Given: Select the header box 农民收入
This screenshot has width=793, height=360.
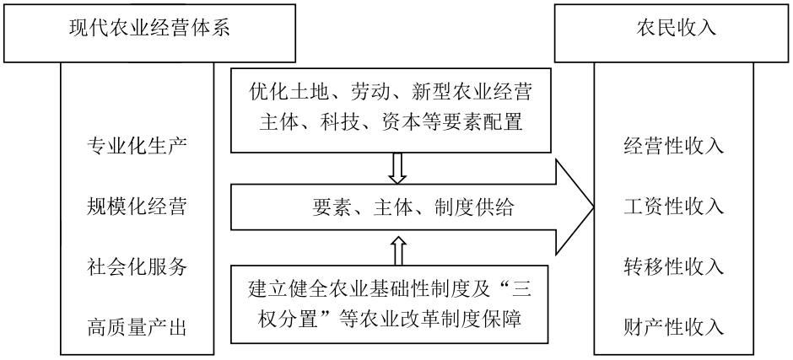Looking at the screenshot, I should pos(674,29).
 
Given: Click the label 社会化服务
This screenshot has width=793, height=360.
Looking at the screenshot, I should pos(137,266).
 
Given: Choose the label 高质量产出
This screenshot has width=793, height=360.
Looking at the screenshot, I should pos(137,326).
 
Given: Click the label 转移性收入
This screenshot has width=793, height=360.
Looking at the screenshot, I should pos(674,266).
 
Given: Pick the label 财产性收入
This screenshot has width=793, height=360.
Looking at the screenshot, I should pos(674,326).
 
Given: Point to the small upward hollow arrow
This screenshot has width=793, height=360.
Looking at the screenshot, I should pos(397,250).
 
